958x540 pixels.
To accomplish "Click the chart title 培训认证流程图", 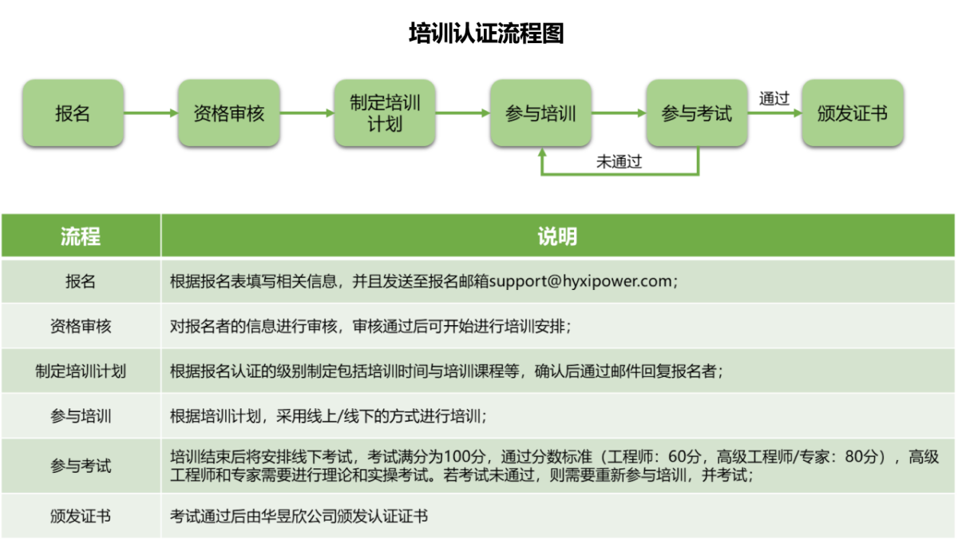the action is (486, 34).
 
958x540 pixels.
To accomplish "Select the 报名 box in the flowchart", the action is (73, 113).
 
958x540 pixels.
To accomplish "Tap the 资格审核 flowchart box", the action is (229, 113).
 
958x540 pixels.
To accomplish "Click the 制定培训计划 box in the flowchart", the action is (385, 113).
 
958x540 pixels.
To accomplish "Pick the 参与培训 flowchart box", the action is (541, 113).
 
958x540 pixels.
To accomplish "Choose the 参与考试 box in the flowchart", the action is (697, 113).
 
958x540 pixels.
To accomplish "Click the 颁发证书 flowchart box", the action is (853, 113).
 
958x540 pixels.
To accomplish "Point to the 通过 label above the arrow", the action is (774, 99).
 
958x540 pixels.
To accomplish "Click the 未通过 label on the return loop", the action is (619, 161).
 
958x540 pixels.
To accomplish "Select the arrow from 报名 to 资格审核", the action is (151, 113).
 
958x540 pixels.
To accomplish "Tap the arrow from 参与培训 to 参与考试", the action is (619, 113).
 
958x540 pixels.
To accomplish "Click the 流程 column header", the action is (81, 236).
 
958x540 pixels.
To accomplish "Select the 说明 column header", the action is (557, 236).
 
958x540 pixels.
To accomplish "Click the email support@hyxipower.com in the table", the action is (580, 281).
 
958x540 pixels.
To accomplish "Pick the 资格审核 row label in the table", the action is (81, 327).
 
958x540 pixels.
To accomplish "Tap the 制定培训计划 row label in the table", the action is (81, 371).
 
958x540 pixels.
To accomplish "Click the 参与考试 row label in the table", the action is (81, 466).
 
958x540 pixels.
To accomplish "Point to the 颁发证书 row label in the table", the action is (81, 516).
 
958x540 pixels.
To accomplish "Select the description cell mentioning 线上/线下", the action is (558, 416).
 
